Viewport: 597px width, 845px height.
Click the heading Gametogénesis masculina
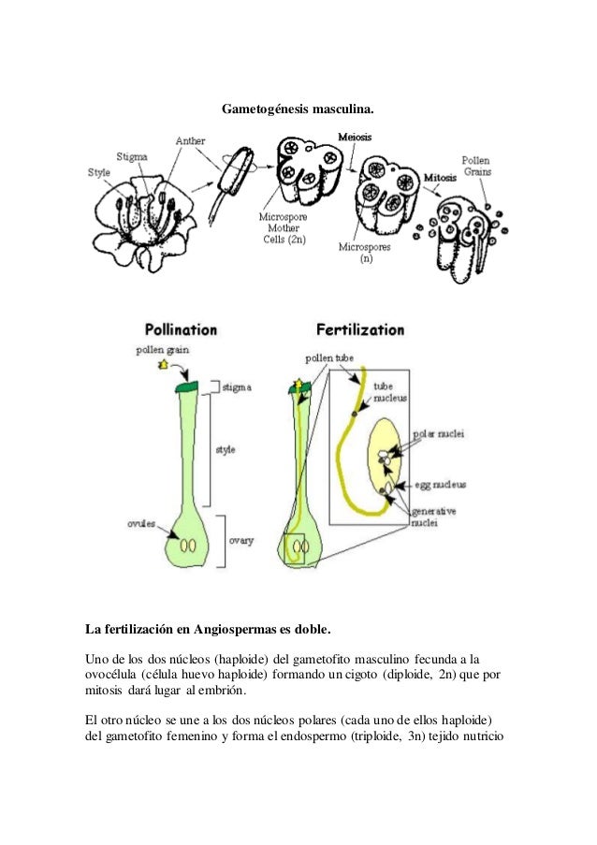[298, 110]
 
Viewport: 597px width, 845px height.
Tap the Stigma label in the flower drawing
[131, 155]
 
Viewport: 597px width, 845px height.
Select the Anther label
[192, 140]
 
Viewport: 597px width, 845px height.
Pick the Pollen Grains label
[476, 167]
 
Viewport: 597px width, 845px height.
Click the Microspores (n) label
[365, 253]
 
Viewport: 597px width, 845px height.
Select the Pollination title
[181, 329]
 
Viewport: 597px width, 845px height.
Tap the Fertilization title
[360, 329]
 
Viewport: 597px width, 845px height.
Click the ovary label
[241, 540]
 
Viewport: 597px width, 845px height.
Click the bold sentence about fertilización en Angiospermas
[208, 625]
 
